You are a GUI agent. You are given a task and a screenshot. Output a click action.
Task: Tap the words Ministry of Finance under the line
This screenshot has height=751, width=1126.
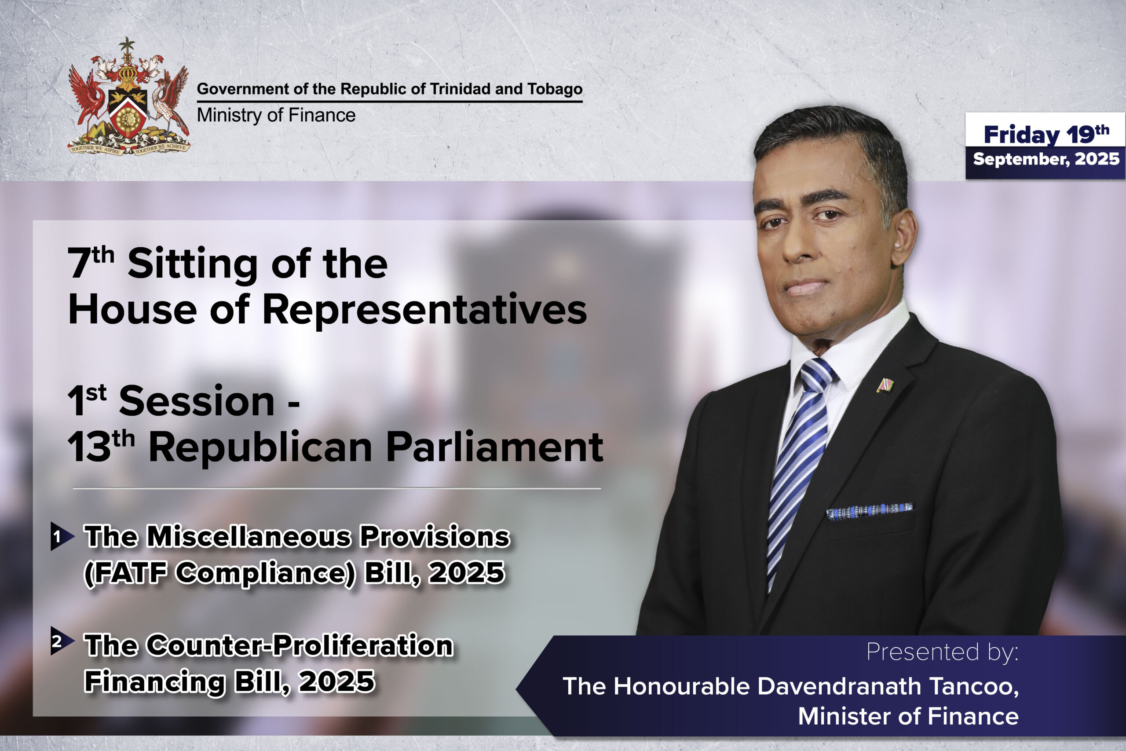(x=276, y=115)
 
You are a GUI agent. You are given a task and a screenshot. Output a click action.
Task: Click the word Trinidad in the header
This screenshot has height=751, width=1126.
(x=460, y=88)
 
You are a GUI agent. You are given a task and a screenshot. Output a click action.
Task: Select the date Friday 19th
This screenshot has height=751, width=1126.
(x=1046, y=134)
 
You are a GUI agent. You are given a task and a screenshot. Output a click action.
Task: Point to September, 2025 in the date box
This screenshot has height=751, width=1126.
(x=1046, y=159)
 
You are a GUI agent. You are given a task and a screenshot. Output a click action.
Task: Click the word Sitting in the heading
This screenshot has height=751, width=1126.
(x=193, y=265)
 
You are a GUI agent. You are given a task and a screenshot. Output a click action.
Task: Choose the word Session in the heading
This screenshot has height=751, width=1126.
(x=196, y=401)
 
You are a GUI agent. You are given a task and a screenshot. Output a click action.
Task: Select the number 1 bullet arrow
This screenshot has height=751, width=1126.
(x=62, y=537)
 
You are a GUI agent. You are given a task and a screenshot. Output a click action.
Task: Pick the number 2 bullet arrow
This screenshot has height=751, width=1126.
(x=62, y=641)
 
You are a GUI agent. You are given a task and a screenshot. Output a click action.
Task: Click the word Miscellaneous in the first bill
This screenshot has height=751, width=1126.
(x=249, y=536)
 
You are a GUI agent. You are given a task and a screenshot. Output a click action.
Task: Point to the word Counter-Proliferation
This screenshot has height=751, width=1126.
(x=299, y=645)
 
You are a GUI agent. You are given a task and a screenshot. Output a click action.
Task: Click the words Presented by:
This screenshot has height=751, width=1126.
(x=942, y=652)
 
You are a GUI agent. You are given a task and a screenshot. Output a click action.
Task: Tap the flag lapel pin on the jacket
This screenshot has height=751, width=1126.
(x=885, y=385)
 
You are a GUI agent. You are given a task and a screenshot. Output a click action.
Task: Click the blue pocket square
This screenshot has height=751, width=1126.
(x=870, y=511)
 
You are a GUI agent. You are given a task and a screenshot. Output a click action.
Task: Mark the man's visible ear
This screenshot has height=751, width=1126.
(x=903, y=237)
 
